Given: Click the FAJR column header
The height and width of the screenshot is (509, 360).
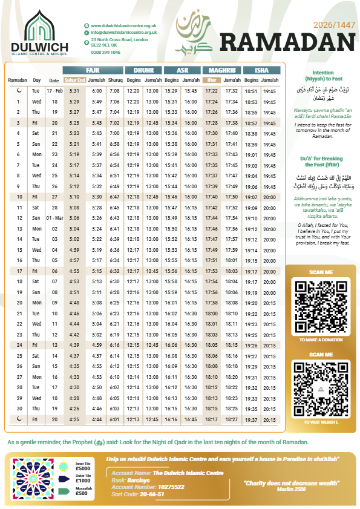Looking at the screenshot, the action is pyautogui.click(x=93, y=70).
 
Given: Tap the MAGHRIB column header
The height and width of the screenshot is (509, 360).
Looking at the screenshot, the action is pyautogui.click(x=221, y=70).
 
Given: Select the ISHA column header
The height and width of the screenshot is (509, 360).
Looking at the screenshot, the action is pyautogui.click(x=261, y=70).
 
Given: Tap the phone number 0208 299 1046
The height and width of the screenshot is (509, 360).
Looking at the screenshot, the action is pyautogui.click(x=106, y=53).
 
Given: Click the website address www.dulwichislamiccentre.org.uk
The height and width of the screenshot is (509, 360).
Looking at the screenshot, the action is pyautogui.click(x=124, y=25).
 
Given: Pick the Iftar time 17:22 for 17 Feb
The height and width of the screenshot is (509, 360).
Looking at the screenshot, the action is pyautogui.click(x=211, y=91).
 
